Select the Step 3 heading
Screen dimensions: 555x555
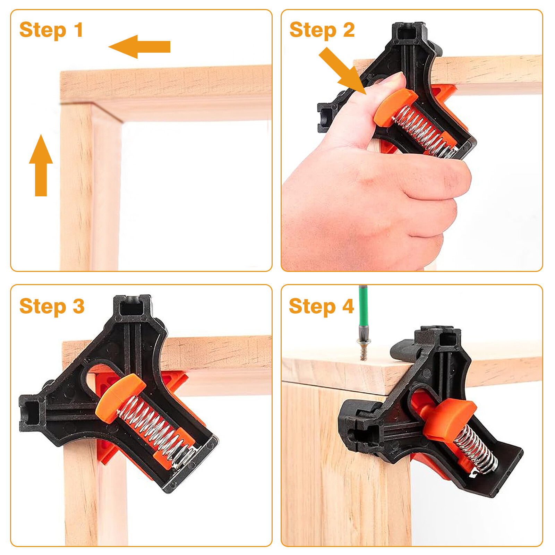[x=52, y=306]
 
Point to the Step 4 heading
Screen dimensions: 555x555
[x=321, y=306]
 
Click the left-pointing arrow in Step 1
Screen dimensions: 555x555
[x=139, y=46]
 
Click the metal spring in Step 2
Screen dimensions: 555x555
[x=425, y=132]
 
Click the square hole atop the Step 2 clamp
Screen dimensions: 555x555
[x=408, y=34]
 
